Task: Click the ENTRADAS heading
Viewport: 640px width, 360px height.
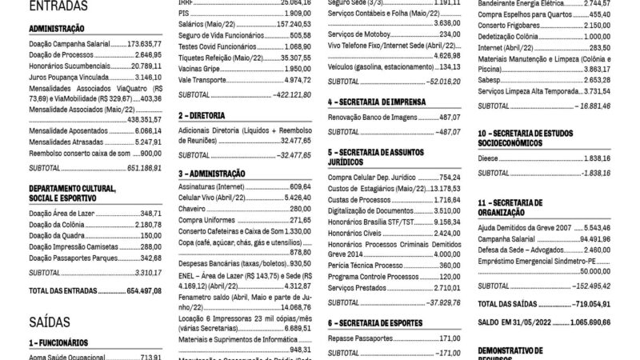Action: click(x=58, y=6)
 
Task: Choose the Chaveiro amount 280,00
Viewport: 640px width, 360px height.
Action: click(x=300, y=208)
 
